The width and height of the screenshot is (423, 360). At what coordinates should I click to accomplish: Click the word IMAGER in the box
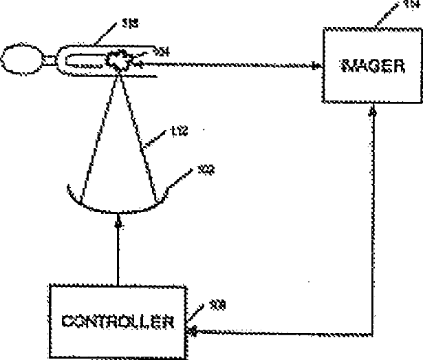pos(369,67)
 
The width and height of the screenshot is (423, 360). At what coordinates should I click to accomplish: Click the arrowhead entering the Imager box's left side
pos(316,67)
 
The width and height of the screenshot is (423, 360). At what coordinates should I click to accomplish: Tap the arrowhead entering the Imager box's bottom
pos(371,112)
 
